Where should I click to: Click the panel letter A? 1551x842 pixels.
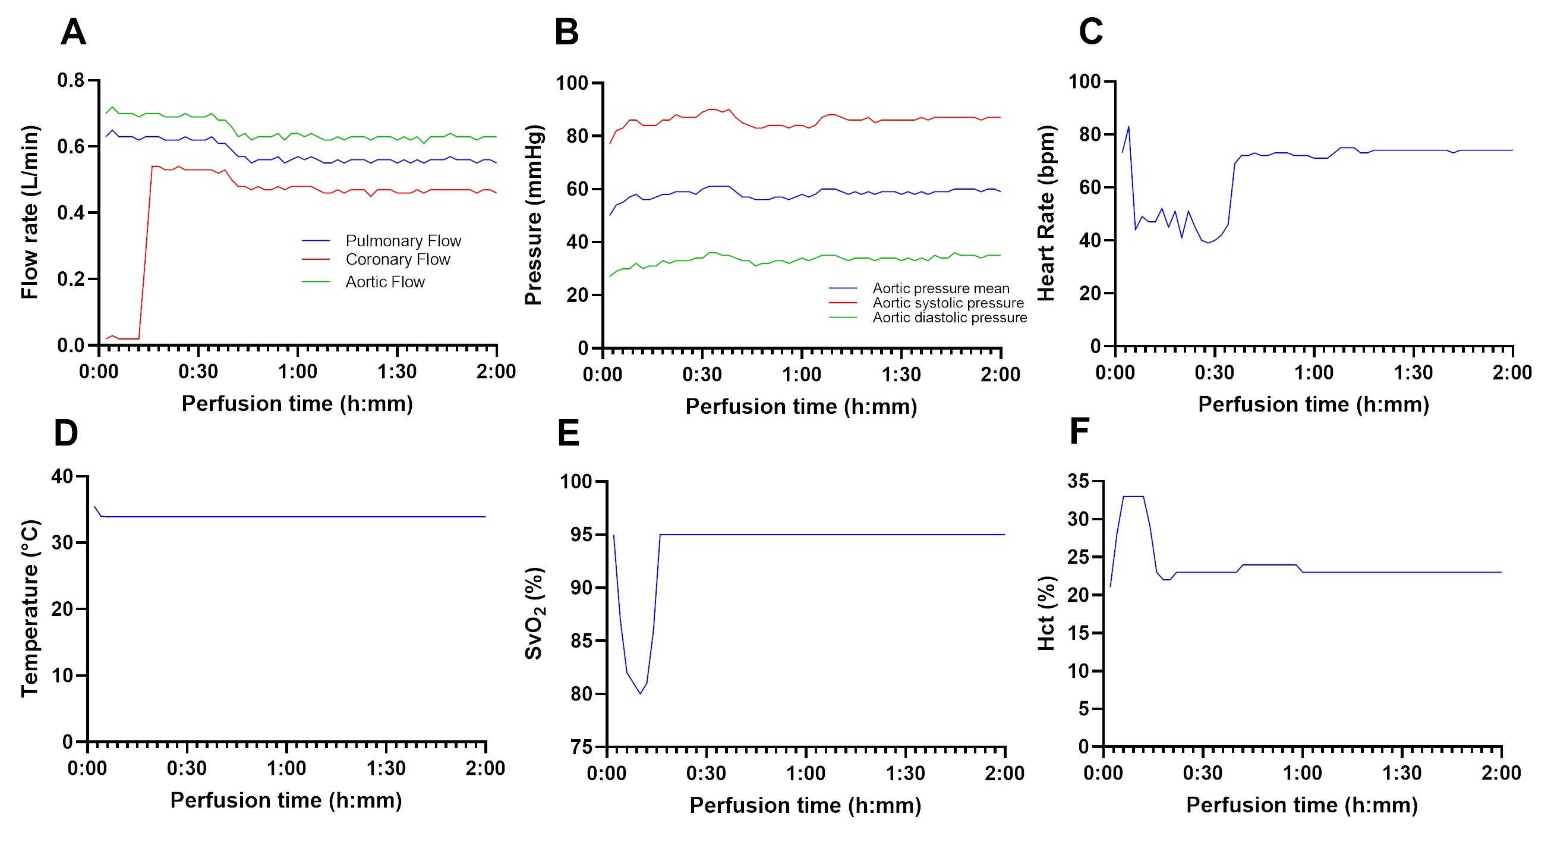pyautogui.click(x=74, y=32)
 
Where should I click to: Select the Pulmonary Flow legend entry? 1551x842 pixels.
pyautogui.click(x=403, y=241)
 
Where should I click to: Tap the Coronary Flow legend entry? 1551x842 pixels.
pyautogui.click(x=398, y=260)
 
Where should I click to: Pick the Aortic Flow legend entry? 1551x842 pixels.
pyautogui.click(x=384, y=282)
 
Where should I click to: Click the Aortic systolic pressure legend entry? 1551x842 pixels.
pyautogui.click(x=948, y=303)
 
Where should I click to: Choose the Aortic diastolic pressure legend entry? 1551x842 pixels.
pyautogui.click(x=950, y=318)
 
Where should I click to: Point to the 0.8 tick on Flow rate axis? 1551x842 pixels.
pyautogui.click(x=71, y=80)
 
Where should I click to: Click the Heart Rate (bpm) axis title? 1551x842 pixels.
pyautogui.click(x=1046, y=213)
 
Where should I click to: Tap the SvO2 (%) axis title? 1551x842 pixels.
pyautogui.click(x=535, y=614)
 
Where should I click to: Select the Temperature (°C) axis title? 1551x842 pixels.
pyautogui.click(x=30, y=608)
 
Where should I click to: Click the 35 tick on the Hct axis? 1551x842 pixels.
pyautogui.click(x=1079, y=480)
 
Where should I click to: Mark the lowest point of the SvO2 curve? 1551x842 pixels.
pyautogui.click(x=640, y=694)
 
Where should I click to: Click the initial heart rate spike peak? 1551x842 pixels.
pyautogui.click(x=1128, y=127)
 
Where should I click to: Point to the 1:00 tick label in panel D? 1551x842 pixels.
pyautogui.click(x=286, y=768)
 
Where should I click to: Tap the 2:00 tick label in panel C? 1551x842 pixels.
pyautogui.click(x=1512, y=372)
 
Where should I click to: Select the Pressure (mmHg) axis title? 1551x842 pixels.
pyautogui.click(x=534, y=215)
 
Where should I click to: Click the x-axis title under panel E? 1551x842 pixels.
pyautogui.click(x=805, y=806)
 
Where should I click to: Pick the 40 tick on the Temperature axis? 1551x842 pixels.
pyautogui.click(x=62, y=476)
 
